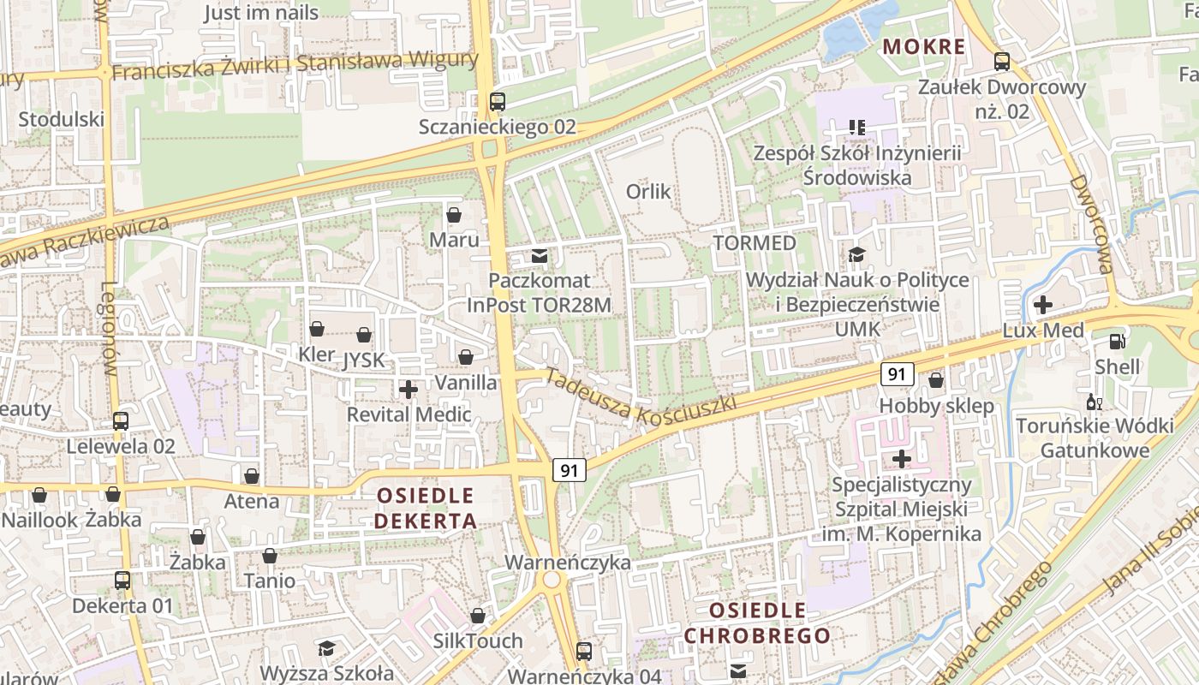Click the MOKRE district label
click(x=924, y=46)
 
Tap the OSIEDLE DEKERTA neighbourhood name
click(x=426, y=508)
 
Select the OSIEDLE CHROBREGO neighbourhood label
click(x=757, y=623)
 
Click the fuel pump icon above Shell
click(x=1117, y=341)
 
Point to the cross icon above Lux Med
click(x=1043, y=304)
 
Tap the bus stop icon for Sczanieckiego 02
click(x=498, y=102)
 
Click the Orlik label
click(x=648, y=191)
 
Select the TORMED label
click(x=755, y=243)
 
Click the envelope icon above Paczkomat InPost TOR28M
click(x=540, y=255)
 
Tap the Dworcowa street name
click(x=1090, y=224)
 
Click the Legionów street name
click(x=109, y=329)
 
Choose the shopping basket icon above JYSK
click(x=364, y=335)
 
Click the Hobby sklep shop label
click(x=937, y=406)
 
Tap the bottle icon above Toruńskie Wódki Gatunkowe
click(x=1094, y=402)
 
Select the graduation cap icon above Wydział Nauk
click(x=856, y=254)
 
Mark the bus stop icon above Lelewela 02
click(x=121, y=420)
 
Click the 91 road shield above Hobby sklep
click(x=897, y=374)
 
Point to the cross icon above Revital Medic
click(x=409, y=390)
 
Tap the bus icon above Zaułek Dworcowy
click(x=1001, y=62)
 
